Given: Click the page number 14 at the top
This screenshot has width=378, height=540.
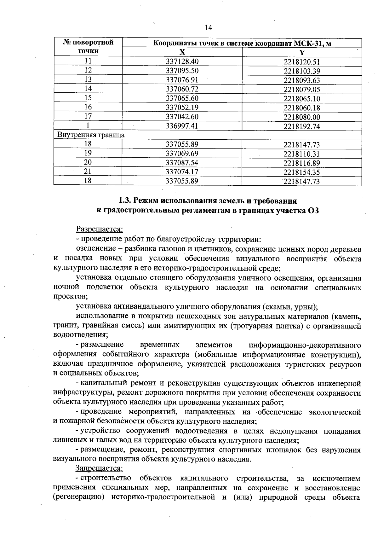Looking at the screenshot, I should [208, 28].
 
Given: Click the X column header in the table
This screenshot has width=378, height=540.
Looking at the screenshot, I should [182, 52].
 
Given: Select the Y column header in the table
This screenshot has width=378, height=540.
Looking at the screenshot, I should [302, 52].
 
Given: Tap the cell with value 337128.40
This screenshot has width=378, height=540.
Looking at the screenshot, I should [182, 61].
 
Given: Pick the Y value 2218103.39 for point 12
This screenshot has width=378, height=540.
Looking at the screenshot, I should [302, 71].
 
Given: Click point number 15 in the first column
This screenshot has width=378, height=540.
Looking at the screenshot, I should [88, 98].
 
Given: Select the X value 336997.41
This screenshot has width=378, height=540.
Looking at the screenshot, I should [182, 126].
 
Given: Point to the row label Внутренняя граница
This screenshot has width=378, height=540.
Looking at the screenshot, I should [91, 135].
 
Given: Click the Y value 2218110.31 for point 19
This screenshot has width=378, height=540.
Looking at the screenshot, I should [302, 154].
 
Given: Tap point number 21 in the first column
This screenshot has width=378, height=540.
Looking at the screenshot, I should [88, 172].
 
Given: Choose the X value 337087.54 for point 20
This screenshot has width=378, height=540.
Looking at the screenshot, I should [182, 163].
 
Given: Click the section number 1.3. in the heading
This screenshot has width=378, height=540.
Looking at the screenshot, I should [125, 201].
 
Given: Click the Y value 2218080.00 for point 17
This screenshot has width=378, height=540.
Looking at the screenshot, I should [302, 117].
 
